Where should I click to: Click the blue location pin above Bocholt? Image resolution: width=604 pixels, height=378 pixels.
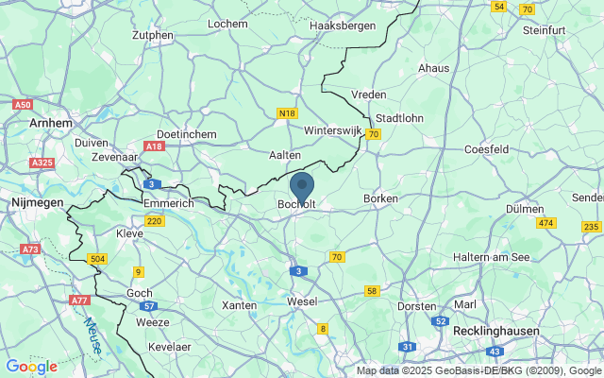(x=302, y=185)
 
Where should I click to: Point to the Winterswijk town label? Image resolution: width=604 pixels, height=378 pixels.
(x=333, y=129)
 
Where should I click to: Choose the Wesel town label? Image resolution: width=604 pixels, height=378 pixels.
(x=302, y=301)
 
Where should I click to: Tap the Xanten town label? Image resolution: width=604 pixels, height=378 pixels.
(x=239, y=306)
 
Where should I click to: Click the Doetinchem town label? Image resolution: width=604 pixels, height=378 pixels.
(x=187, y=135)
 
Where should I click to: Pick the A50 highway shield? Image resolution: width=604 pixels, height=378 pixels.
(x=24, y=105)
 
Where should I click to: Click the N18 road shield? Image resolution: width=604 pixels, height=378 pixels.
(x=288, y=113)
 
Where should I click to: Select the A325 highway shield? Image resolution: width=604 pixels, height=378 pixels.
(x=42, y=163)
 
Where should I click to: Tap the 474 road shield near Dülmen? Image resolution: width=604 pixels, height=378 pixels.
(x=545, y=222)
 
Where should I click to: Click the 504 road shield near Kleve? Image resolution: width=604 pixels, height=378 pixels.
(x=96, y=258)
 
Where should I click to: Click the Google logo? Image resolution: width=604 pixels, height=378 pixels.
(x=31, y=367)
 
